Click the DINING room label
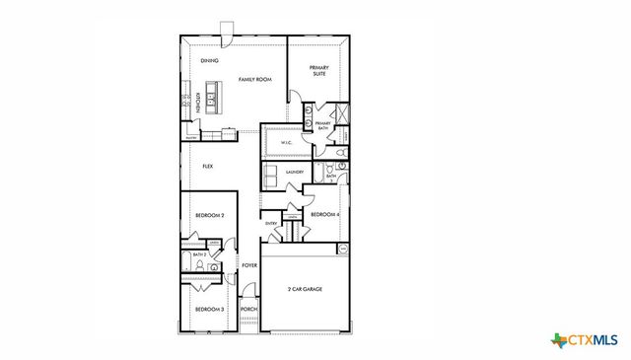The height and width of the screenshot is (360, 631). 209,61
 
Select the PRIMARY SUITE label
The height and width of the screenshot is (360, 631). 318,70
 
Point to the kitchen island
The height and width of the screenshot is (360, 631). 216,99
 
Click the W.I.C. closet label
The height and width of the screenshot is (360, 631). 286,143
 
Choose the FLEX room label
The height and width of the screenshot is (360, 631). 208,167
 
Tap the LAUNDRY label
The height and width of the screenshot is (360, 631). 294,173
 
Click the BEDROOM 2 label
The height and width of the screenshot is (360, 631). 209,215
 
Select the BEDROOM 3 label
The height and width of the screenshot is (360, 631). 209,310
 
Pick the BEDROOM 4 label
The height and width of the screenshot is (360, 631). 325,215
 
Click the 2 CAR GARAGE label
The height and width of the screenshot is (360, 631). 305,289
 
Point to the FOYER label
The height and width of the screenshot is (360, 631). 250,265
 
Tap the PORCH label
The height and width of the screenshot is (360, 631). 249,310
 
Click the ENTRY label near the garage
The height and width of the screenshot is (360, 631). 271,224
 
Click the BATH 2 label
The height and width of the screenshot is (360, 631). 199,255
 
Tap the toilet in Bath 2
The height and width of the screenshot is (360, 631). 212,266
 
